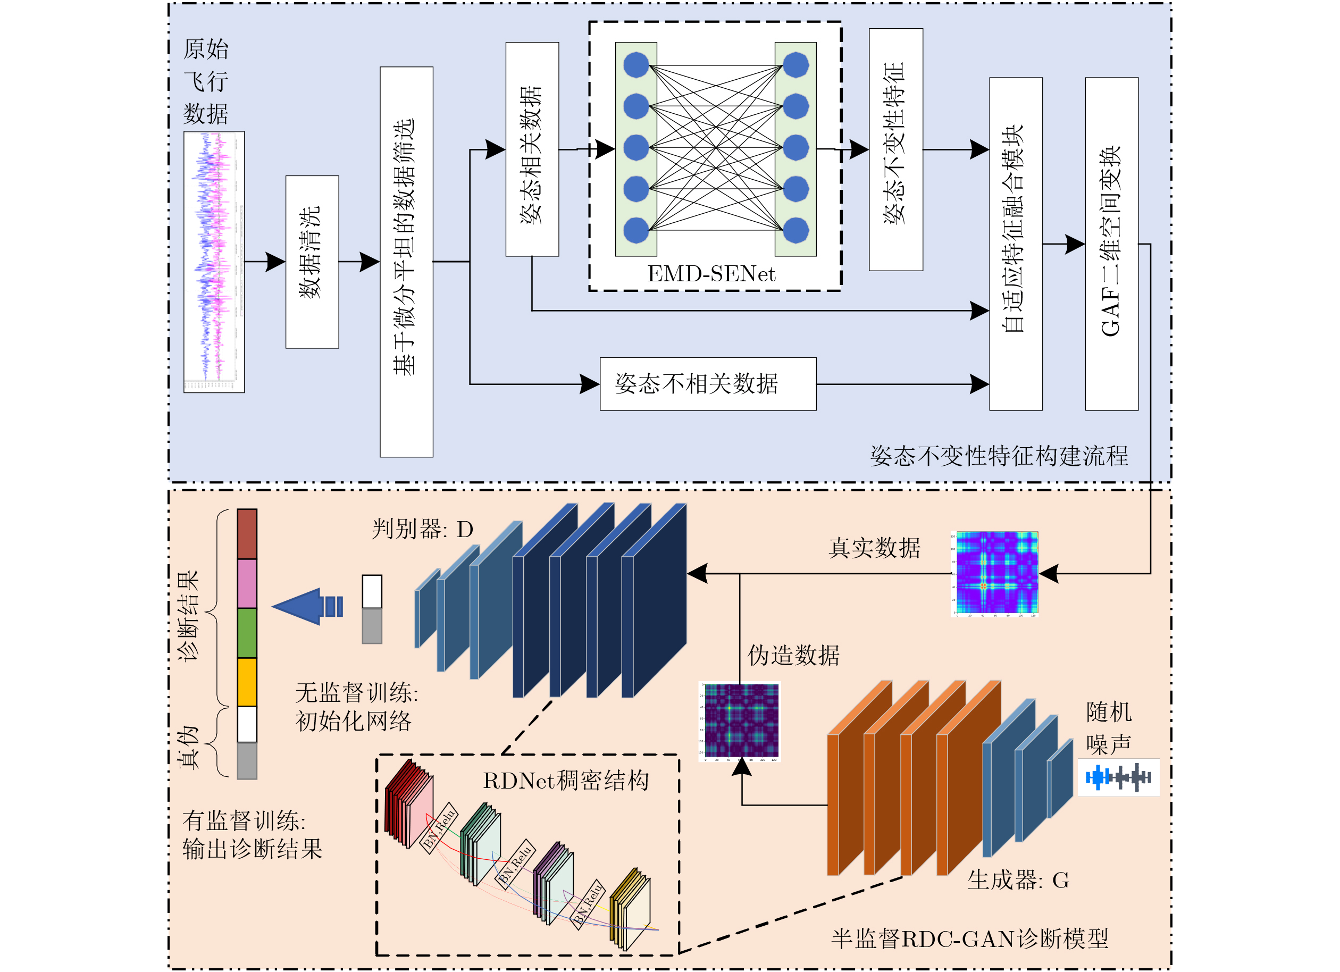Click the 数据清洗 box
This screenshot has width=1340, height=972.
point(312,262)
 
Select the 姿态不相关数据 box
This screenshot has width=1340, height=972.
point(708,383)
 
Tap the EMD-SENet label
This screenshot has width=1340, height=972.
point(711,274)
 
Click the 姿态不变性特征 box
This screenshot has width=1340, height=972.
point(895,149)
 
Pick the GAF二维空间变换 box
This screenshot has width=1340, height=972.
point(1111,244)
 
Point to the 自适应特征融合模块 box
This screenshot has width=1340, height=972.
point(1016,244)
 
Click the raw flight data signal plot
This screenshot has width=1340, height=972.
point(214,262)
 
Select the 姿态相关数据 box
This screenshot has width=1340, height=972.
point(532,149)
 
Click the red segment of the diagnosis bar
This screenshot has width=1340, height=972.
point(247,533)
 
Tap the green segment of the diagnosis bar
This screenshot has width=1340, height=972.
point(247,632)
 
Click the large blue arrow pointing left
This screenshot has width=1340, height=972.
point(301,606)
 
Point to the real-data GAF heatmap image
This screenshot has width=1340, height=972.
point(996,573)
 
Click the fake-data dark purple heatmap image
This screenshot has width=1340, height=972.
point(741,721)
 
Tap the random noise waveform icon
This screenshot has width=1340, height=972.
point(1118,777)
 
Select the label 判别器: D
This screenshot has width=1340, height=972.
point(422,529)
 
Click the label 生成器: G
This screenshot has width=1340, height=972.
point(1018,880)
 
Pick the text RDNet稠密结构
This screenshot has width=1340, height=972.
point(565,781)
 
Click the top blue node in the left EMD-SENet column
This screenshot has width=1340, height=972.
point(636,65)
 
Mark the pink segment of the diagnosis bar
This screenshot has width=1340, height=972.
point(247,583)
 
